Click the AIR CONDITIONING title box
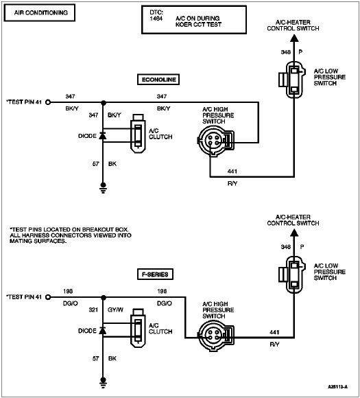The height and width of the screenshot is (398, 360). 39,12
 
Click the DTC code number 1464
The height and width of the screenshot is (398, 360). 156,19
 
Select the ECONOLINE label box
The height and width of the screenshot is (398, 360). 158,80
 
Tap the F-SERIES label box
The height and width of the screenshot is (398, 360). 155,274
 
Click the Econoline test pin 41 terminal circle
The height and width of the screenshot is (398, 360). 48,102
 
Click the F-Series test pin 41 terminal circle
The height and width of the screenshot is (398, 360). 48,297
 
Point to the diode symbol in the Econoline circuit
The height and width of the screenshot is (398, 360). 103,136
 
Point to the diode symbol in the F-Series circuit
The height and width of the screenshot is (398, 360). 103,331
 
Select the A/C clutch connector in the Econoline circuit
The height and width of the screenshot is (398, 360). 138,134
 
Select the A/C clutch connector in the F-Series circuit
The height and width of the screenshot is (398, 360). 138,328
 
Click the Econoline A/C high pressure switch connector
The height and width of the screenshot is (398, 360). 215,141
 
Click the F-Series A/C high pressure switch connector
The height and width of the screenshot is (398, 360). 215,336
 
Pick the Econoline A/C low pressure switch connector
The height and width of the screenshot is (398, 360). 291,80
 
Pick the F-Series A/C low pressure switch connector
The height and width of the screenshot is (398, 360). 291,274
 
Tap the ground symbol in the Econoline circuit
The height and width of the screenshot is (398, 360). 103,188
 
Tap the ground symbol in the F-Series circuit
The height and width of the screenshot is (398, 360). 103,383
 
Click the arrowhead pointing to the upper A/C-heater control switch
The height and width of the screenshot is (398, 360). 294,38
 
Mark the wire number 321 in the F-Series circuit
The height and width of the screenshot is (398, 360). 93,310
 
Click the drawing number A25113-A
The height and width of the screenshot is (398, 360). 337,387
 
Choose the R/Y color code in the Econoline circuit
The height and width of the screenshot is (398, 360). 232,183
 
